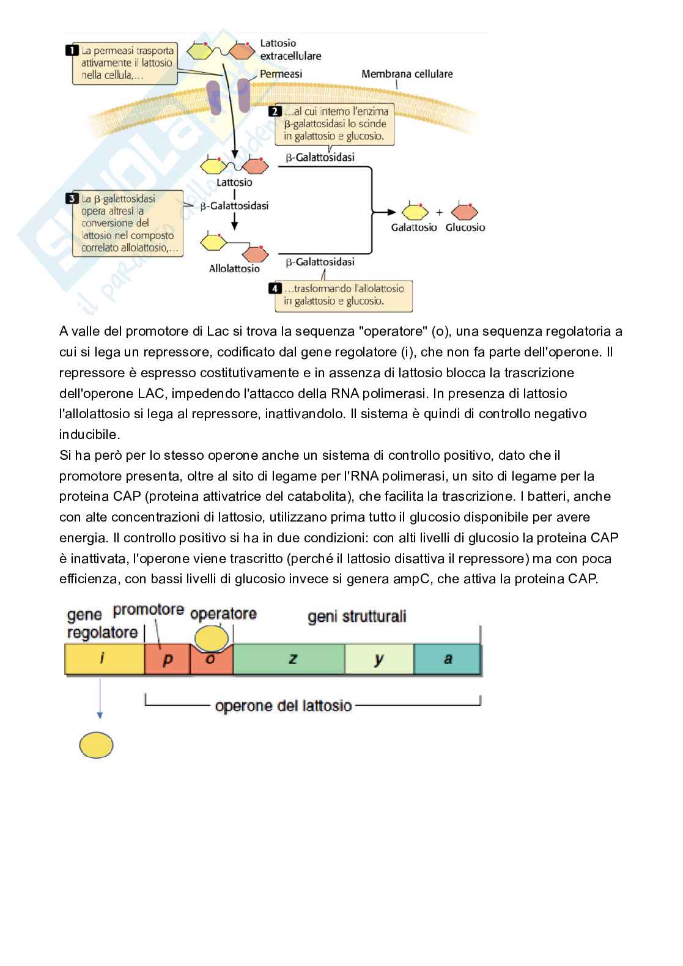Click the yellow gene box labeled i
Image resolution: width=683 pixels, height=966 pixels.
[x=104, y=659]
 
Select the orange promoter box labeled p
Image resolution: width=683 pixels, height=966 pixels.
[x=167, y=660]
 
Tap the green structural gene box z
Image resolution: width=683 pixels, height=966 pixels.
[x=289, y=659]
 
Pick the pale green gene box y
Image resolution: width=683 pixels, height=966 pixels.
[x=379, y=659]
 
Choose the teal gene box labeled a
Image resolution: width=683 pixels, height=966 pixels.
[x=447, y=659]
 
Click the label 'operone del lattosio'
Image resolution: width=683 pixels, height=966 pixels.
[x=283, y=706]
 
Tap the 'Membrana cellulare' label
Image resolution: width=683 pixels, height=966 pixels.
[x=407, y=74]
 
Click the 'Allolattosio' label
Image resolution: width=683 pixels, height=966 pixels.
[x=234, y=268]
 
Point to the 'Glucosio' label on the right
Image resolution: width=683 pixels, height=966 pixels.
[x=465, y=227]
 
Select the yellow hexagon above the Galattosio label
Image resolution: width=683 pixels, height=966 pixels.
[x=415, y=212]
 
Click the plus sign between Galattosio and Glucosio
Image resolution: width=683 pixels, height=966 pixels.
[x=439, y=213]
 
